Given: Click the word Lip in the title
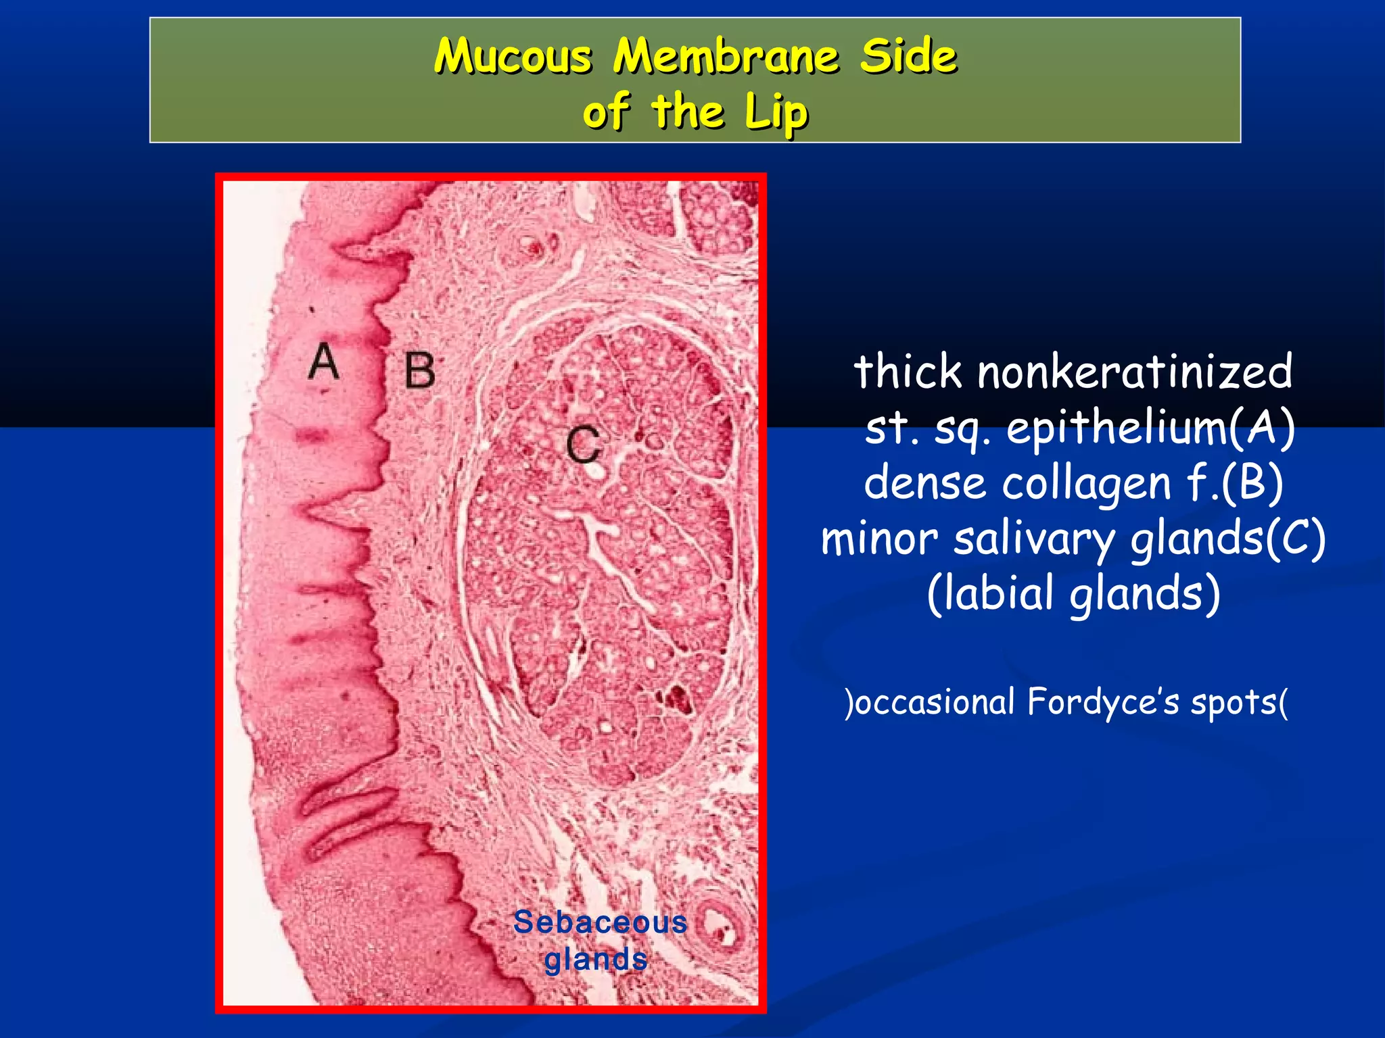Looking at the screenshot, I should point(776,112).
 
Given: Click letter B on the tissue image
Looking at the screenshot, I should point(419,370).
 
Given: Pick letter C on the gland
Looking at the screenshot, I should point(583,444).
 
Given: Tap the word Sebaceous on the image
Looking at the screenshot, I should point(600,922).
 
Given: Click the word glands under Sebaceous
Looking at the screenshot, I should point(596,959).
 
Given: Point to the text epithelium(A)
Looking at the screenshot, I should point(1150,428).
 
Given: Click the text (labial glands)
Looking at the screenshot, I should point(1073,593).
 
